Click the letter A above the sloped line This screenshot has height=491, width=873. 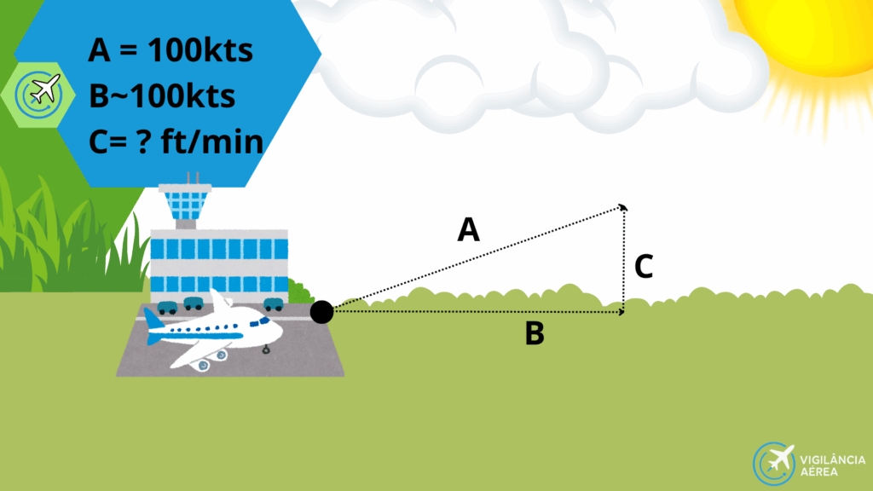469,229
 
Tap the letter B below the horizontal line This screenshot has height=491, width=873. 535,333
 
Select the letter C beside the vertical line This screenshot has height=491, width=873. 644,267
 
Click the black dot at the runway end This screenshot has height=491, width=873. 321,312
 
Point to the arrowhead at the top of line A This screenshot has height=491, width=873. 623,207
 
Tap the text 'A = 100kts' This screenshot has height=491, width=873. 171,51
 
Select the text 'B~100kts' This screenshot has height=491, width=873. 162,96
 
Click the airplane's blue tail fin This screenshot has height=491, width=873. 154,321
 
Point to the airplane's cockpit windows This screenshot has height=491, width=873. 265,322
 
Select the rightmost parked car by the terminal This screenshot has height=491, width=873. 273,303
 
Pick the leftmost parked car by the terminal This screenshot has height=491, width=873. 167,304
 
